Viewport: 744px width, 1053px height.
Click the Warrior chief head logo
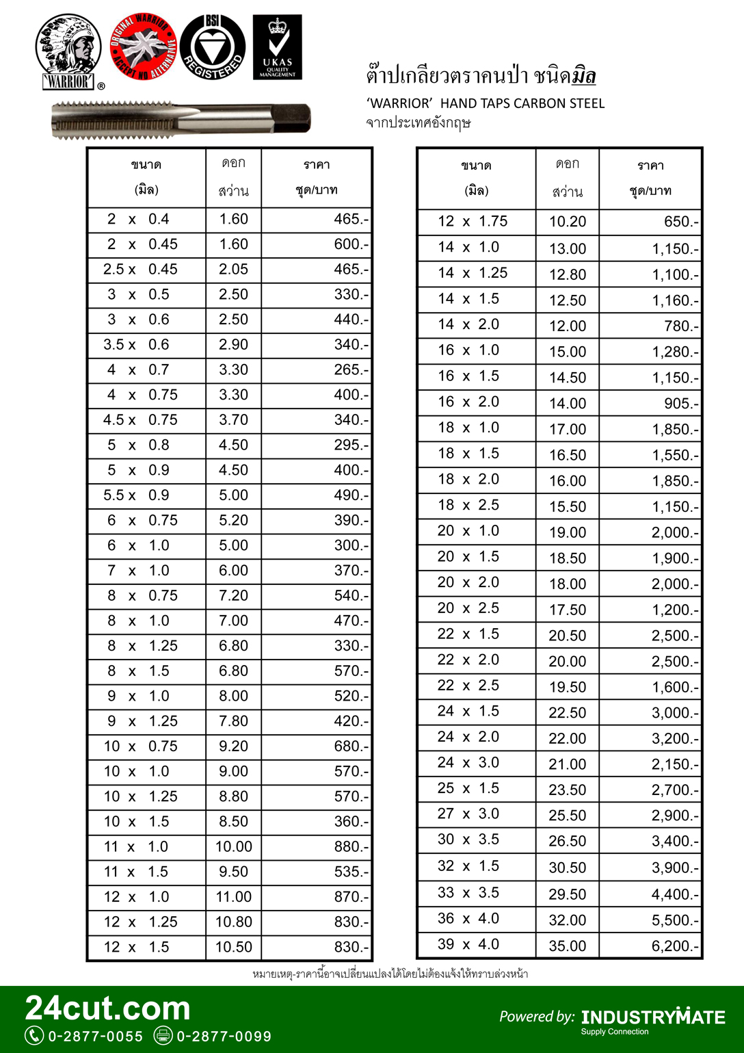pyautogui.click(x=68, y=51)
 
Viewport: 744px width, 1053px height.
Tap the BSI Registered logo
pyautogui.click(x=213, y=47)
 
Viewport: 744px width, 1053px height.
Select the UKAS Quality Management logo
pyautogui.click(x=277, y=47)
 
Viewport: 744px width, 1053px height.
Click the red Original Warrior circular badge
pyautogui.click(x=143, y=47)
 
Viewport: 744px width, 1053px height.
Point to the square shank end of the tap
pyautogui.click(x=294, y=117)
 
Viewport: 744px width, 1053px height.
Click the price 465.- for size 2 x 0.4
pyautogui.click(x=351, y=219)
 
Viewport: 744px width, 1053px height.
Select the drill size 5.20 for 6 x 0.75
pyautogui.click(x=233, y=520)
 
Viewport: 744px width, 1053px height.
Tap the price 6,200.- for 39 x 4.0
pyautogui.click(x=675, y=946)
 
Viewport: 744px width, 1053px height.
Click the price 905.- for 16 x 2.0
pyautogui.click(x=681, y=404)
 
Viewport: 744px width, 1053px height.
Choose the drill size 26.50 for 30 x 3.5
pyautogui.click(x=567, y=841)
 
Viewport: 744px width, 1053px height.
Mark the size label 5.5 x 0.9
pyautogui.click(x=140, y=495)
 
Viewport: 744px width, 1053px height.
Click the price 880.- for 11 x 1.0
pyautogui.click(x=351, y=846)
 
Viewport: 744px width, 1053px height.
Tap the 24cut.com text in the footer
pyautogui.click(x=108, y=1009)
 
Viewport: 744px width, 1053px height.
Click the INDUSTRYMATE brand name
pyautogui.click(x=653, y=1017)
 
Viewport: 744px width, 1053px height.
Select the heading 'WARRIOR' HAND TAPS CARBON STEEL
pyautogui.click(x=486, y=103)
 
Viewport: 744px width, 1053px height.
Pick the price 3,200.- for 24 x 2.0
pyautogui.click(x=675, y=738)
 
